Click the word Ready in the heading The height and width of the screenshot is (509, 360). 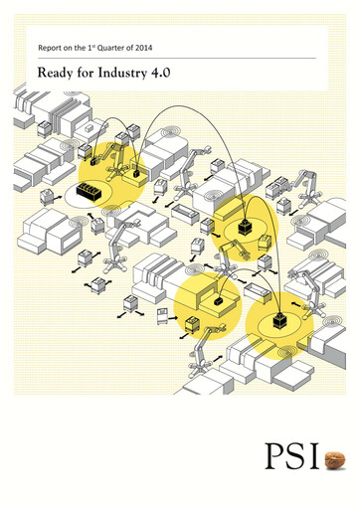point(55,72)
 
